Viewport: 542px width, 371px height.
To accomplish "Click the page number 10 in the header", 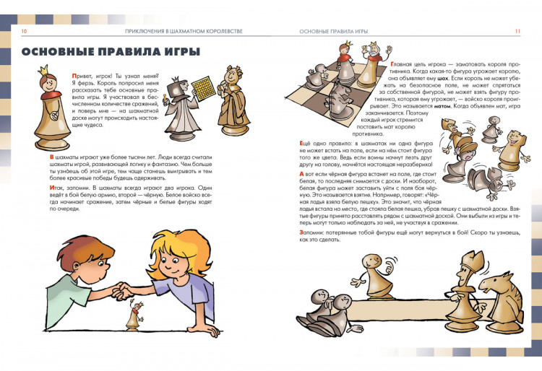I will coord(24,32).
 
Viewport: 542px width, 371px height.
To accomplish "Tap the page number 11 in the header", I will coord(517,32).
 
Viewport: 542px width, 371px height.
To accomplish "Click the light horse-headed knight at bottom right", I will coord(498,288).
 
